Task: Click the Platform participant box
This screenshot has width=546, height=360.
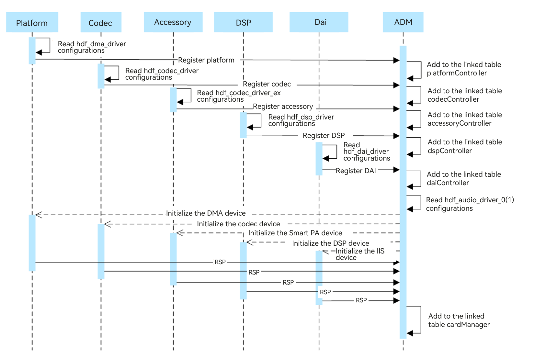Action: (32, 22)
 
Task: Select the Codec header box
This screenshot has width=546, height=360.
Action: (101, 22)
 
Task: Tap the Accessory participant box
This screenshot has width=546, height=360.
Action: (173, 22)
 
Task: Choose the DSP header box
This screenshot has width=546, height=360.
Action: (243, 22)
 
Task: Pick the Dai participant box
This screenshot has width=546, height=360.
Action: (319, 22)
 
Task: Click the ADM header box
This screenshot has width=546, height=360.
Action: (403, 22)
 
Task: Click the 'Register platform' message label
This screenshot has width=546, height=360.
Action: (206, 60)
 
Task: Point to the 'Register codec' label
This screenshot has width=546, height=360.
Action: (267, 84)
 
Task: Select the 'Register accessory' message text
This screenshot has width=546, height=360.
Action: (283, 107)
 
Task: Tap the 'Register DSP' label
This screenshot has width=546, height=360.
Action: (324, 136)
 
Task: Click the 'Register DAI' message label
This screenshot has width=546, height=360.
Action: (356, 171)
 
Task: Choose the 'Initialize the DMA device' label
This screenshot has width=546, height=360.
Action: (206, 213)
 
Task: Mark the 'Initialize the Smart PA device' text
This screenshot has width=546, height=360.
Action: (295, 233)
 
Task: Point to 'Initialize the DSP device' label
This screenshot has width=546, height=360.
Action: (330, 243)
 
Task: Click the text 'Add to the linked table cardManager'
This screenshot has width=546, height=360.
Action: (459, 321)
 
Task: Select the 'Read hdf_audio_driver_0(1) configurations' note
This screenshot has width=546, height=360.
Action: (470, 204)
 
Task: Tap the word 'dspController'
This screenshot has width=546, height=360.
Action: (450, 151)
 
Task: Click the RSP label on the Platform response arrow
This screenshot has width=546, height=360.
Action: (220, 262)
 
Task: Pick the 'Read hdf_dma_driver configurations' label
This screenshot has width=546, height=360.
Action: (92, 47)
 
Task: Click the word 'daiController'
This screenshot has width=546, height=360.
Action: (448, 183)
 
